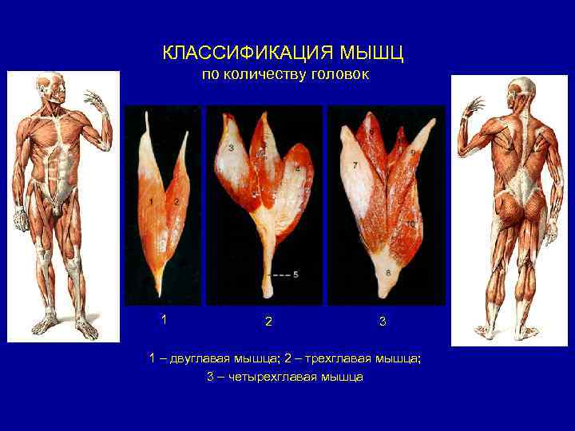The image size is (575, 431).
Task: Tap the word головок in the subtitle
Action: coord(335,76)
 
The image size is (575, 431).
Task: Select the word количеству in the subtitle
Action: coord(260,76)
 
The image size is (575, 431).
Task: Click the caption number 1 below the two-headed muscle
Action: coord(164,319)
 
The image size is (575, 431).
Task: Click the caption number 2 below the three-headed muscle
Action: coord(268,322)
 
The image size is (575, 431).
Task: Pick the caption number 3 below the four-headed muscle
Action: coord(383,322)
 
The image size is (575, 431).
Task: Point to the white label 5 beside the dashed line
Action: coord(295,274)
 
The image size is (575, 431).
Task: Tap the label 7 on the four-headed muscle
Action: coord(355,164)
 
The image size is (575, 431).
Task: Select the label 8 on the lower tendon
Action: coord(388,272)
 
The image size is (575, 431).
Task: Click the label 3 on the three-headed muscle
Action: coord(231,148)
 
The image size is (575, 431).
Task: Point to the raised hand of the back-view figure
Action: coord(474,107)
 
